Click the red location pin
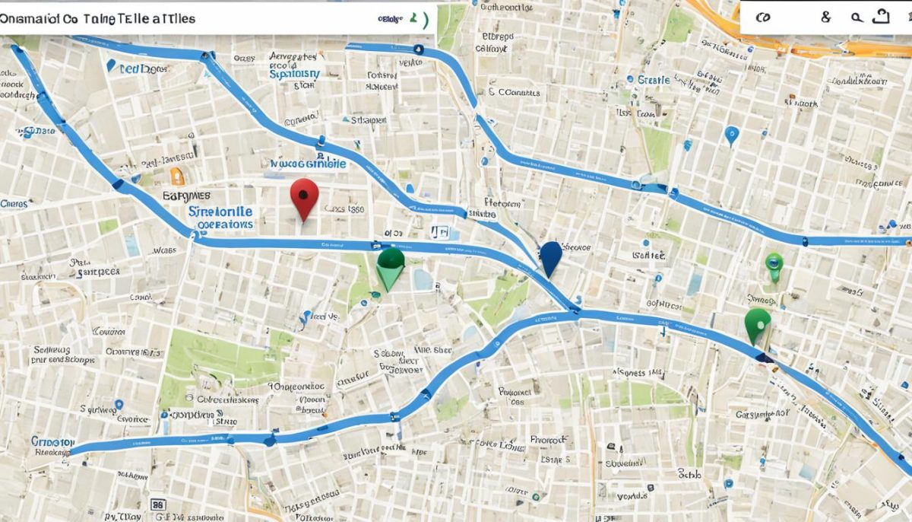tap(304, 196)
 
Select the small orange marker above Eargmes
tap(177, 177)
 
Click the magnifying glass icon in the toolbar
tap(857, 18)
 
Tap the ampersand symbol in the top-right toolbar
tap(826, 18)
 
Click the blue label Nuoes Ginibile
tap(308, 164)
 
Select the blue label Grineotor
tap(52, 441)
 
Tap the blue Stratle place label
tap(653, 80)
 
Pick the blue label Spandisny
tap(294, 75)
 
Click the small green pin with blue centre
tap(774, 264)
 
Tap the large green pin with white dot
tap(758, 323)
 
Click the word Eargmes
tap(186, 196)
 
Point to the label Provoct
tap(549, 440)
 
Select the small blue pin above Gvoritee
tap(118, 406)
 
